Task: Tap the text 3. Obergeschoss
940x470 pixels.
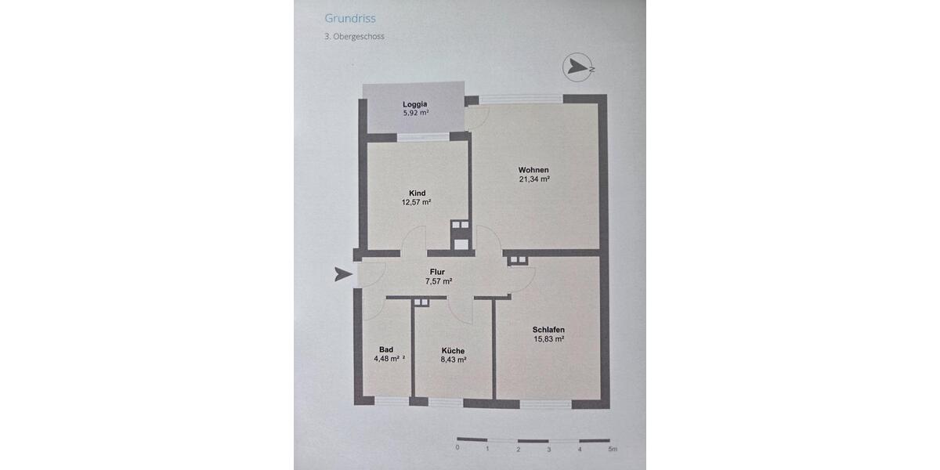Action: [x=354, y=36]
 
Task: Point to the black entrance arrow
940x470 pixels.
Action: [x=343, y=274]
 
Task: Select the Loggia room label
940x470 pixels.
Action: [x=415, y=104]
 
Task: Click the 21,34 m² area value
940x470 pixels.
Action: [x=533, y=179]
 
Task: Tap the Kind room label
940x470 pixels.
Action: [x=417, y=193]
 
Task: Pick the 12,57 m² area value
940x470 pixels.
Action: [x=416, y=202]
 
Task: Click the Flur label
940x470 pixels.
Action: [x=437, y=272]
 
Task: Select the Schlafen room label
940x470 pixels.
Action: [x=548, y=330]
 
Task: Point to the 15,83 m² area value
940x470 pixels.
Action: [x=549, y=339]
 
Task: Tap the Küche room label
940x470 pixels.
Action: [x=453, y=351]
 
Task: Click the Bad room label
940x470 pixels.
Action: [x=386, y=349]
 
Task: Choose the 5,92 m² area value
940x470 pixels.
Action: [x=415, y=113]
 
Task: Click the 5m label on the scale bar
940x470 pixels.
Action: [x=613, y=450]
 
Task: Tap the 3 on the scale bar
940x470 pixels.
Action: [x=549, y=450]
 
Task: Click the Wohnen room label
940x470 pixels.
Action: [x=533, y=170]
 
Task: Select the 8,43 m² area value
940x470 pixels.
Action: [x=453, y=360]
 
